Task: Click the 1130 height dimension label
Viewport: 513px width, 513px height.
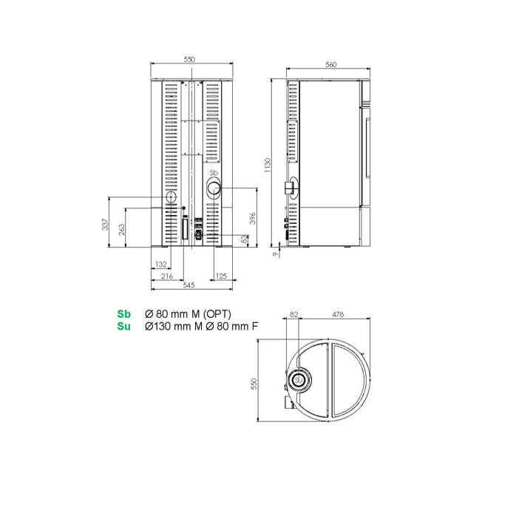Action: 268,166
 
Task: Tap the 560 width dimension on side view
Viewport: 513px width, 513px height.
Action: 330,64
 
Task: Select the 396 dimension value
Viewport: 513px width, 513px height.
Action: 253,218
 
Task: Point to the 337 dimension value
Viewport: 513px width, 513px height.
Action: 105,224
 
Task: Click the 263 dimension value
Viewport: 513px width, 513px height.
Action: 121,229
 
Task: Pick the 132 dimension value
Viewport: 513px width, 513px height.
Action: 161,264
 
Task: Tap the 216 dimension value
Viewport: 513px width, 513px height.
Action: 167,276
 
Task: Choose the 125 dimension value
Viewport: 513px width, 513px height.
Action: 221,276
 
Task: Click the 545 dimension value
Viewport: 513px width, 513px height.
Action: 188,285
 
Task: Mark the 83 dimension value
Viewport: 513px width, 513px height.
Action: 244,239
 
